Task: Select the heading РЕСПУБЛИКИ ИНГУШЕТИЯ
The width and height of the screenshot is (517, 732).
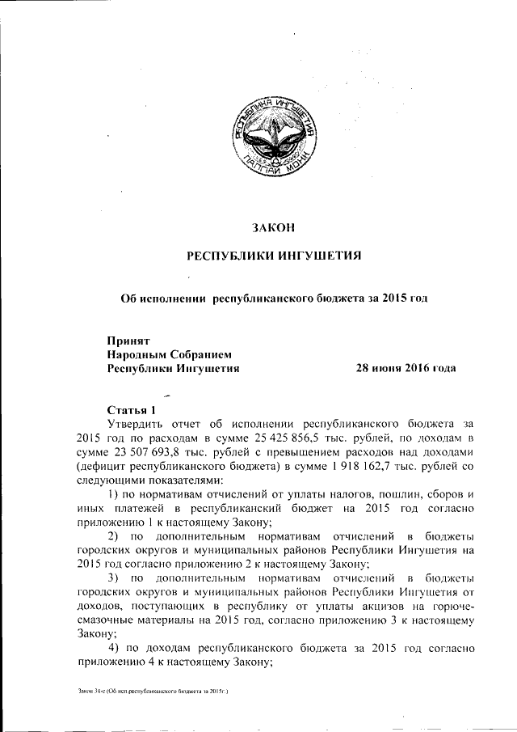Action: click(x=273, y=257)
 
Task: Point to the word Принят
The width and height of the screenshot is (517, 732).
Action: click(x=128, y=341)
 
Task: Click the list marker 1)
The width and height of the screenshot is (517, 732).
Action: click(x=113, y=496)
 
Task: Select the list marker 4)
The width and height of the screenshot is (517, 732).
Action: click(x=113, y=649)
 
